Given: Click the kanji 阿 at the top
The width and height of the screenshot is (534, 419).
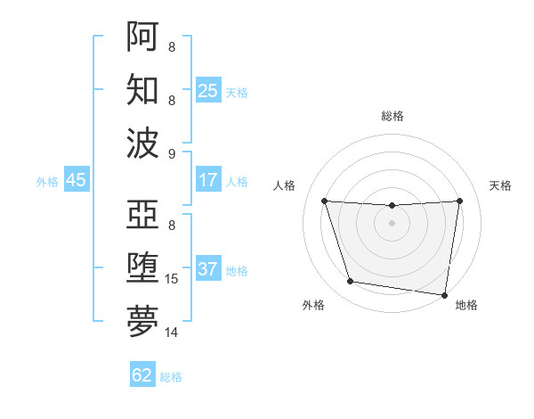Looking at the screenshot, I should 142,36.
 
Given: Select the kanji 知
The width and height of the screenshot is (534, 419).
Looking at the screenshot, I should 142,90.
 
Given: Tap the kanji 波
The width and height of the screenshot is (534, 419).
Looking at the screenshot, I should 142,143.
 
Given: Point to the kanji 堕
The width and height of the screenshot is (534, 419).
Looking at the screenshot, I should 142,268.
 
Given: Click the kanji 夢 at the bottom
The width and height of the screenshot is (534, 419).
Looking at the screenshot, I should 142,322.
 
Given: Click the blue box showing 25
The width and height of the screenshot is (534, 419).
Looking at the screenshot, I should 208,90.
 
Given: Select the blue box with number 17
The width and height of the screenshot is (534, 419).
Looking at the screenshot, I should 208,180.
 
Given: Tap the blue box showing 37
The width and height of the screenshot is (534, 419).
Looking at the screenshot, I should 208,269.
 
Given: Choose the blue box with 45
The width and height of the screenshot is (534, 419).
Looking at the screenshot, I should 76,180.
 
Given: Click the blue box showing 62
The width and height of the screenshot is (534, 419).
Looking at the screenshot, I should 142,375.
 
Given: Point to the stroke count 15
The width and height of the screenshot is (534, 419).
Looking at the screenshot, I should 173,279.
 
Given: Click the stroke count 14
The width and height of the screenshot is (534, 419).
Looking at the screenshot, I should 173,333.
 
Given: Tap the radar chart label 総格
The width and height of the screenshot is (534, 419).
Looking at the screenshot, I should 392,116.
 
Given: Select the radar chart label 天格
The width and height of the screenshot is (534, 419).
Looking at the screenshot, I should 501,185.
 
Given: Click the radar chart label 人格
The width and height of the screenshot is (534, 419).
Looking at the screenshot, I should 285,185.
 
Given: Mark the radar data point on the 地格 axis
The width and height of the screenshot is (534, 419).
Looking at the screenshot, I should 445,295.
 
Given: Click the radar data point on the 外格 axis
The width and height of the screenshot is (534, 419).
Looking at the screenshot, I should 351,282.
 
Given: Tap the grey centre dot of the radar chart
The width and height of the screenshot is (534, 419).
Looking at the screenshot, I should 392,223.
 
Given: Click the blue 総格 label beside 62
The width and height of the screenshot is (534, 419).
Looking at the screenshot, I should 171,377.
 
